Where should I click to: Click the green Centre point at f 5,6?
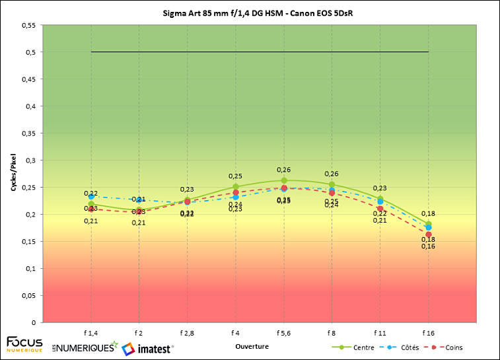(x=284, y=180)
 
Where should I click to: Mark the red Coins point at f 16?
(x=429, y=234)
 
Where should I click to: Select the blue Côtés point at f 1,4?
(x=90, y=196)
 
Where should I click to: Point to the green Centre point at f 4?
(x=235, y=186)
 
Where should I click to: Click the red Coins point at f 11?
(x=380, y=209)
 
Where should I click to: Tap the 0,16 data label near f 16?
(x=428, y=246)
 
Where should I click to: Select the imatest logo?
(x=147, y=347)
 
